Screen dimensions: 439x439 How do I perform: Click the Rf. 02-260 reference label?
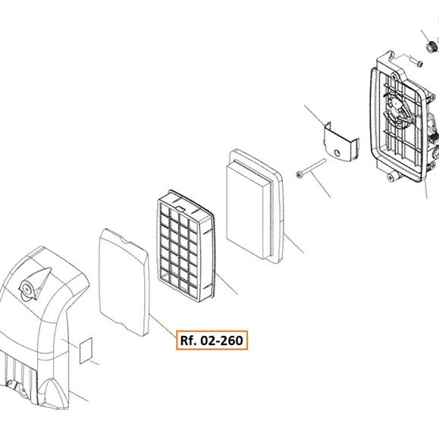(212, 340)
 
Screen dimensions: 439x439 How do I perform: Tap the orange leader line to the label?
(163, 325)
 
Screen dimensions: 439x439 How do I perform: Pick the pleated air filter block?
(255, 205)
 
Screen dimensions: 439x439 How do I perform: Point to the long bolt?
(311, 168)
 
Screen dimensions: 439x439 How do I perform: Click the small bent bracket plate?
(341, 142)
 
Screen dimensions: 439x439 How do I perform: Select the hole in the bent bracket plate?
(337, 153)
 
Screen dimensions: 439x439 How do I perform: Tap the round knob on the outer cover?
(27, 289)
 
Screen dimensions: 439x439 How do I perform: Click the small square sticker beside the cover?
(86, 350)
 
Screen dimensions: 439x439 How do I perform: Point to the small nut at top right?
(431, 46)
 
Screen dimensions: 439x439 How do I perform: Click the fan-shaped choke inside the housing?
(397, 111)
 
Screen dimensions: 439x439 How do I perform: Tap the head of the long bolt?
(299, 175)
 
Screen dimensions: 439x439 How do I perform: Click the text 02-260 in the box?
(222, 340)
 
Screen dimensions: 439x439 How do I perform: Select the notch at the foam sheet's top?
(124, 241)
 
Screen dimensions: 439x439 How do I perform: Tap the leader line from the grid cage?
(227, 283)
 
